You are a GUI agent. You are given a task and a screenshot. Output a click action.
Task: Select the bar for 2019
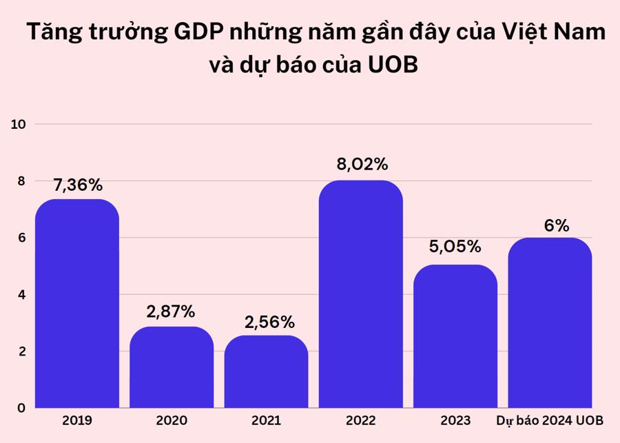(x=77, y=303)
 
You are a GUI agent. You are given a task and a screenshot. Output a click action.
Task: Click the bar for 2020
(x=172, y=367)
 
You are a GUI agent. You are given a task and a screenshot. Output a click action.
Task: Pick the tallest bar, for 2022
(x=361, y=293)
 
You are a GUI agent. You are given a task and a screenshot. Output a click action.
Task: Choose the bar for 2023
(x=455, y=336)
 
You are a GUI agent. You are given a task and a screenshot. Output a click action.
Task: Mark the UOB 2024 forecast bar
(x=550, y=322)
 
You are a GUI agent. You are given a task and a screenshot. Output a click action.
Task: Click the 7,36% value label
(x=77, y=185)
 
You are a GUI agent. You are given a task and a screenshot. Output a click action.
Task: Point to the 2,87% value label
(x=171, y=311)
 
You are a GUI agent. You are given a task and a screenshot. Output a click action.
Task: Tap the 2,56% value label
(x=269, y=321)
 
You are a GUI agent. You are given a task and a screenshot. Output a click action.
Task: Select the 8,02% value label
(x=362, y=165)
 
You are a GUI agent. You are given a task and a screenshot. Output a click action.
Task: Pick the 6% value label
(x=557, y=225)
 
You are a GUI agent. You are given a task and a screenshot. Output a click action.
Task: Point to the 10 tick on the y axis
(x=18, y=124)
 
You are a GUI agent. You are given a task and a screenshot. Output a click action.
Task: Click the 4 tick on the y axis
(x=21, y=295)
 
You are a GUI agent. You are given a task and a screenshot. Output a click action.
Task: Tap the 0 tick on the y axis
(x=21, y=408)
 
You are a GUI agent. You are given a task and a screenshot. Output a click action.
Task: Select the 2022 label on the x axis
(x=361, y=420)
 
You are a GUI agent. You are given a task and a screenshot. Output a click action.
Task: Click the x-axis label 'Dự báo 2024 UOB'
(x=555, y=420)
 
